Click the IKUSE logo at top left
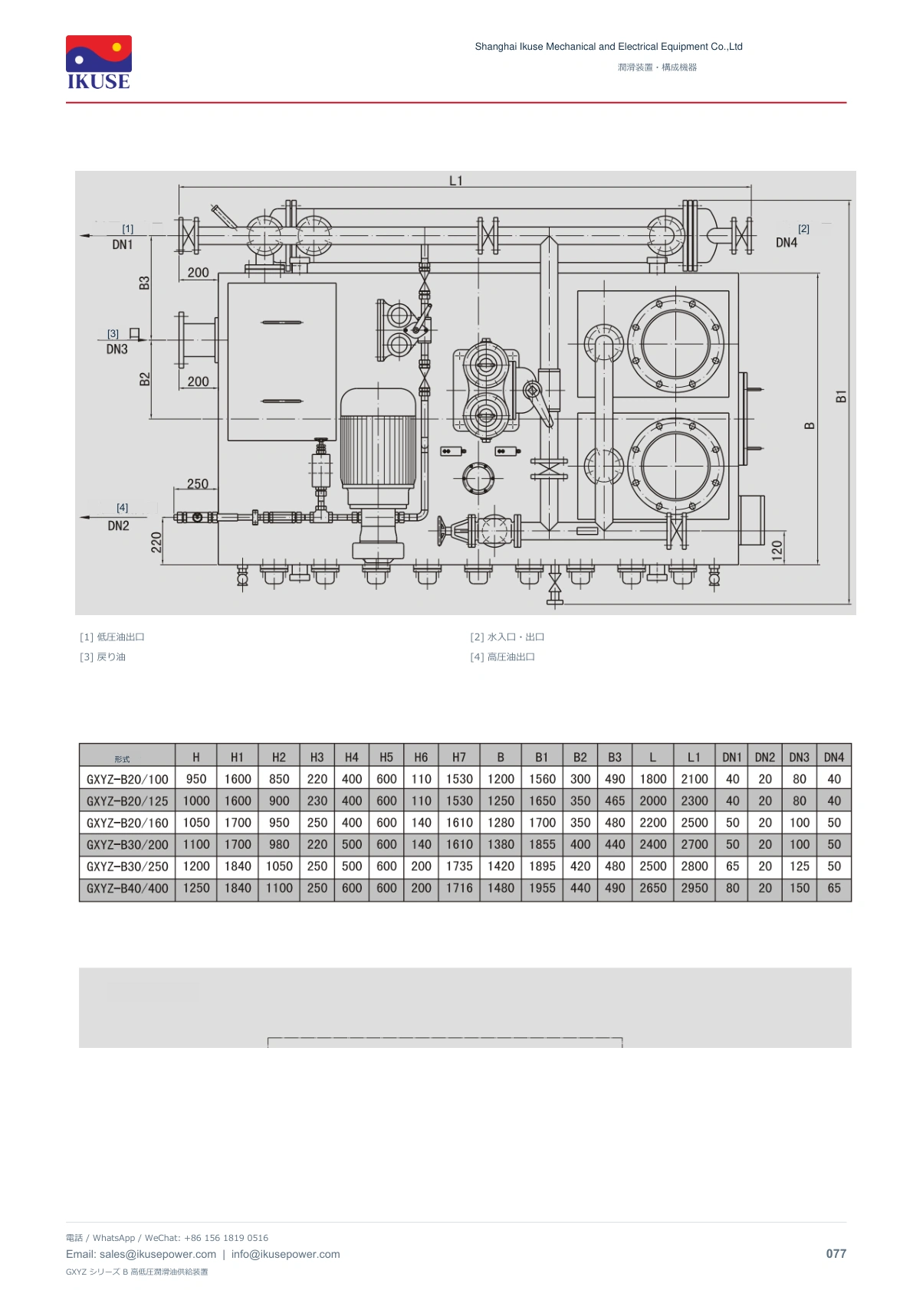coord(99,63)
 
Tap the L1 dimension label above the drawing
coord(456,181)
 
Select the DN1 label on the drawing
coord(122,245)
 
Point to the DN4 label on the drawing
coord(787,243)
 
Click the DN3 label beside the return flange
coord(117,349)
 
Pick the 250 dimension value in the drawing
coord(198,484)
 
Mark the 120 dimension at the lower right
coord(777,550)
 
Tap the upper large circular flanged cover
coord(675,345)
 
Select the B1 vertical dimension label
coord(841,396)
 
